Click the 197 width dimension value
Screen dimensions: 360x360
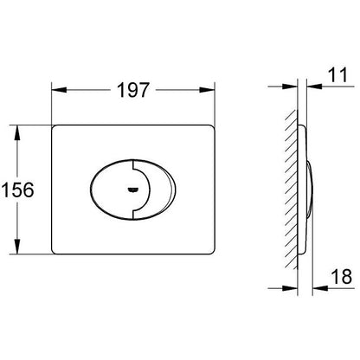pos(133,90)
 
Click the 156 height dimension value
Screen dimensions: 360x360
pos(18,190)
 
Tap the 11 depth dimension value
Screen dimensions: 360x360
pos(337,74)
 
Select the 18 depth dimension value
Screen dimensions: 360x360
pos(342,276)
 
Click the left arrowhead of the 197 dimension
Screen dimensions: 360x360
pos(59,90)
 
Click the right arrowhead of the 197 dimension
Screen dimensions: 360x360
pos(207,90)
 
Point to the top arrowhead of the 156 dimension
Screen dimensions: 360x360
pos(17,132)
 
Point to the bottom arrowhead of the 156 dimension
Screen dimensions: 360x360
pos(17,247)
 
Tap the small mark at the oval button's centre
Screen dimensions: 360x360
pos(132,190)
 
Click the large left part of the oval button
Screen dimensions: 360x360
pos(111,190)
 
